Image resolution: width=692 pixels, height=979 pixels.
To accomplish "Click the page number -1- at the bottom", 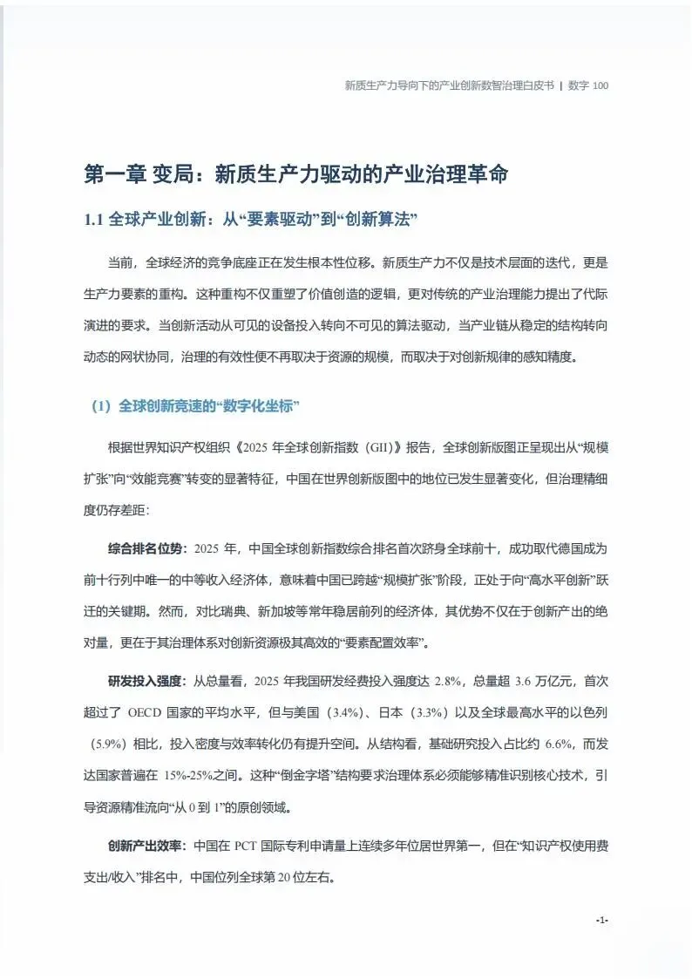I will point(601,920).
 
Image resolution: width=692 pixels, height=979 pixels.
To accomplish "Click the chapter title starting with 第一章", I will point(295,173).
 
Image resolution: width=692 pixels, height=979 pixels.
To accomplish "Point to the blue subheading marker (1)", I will point(101,406).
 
